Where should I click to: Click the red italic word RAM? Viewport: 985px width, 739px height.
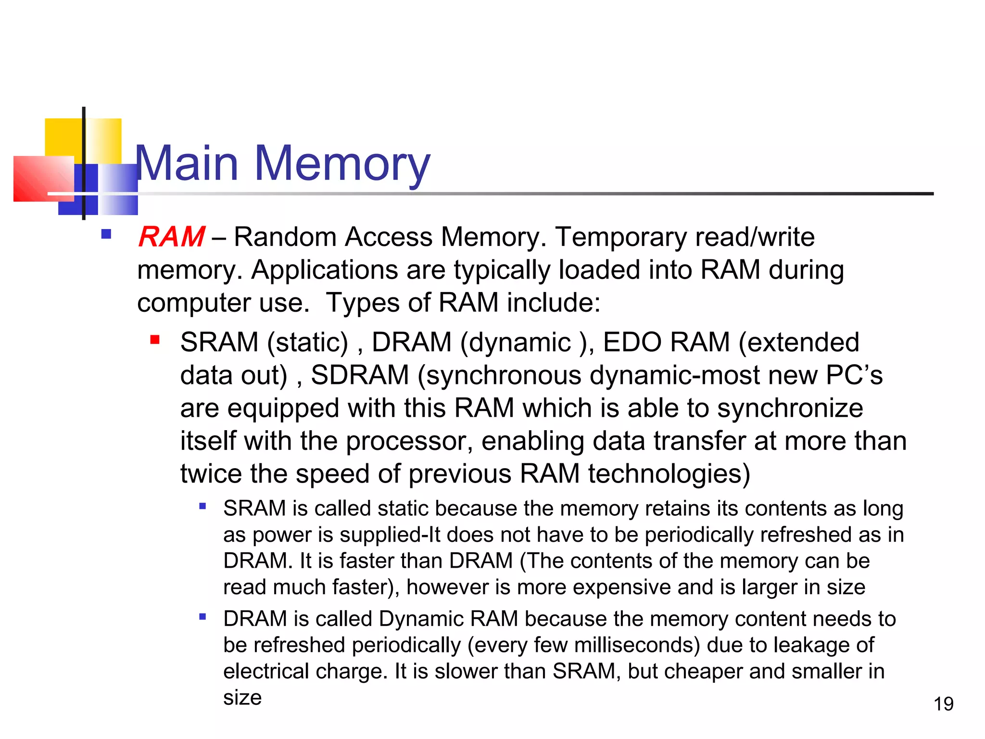(x=171, y=237)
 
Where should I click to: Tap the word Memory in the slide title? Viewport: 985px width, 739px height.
(x=341, y=165)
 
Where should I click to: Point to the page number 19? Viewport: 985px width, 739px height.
(x=943, y=704)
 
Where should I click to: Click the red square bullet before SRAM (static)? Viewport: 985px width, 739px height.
(x=155, y=341)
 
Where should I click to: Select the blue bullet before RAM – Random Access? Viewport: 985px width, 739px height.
(x=106, y=235)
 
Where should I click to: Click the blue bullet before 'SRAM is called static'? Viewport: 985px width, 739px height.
(x=202, y=506)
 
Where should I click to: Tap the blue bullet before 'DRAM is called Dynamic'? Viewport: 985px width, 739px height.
(x=202, y=616)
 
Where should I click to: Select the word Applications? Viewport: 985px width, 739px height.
(x=325, y=270)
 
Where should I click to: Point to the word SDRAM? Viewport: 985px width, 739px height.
(x=360, y=375)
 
